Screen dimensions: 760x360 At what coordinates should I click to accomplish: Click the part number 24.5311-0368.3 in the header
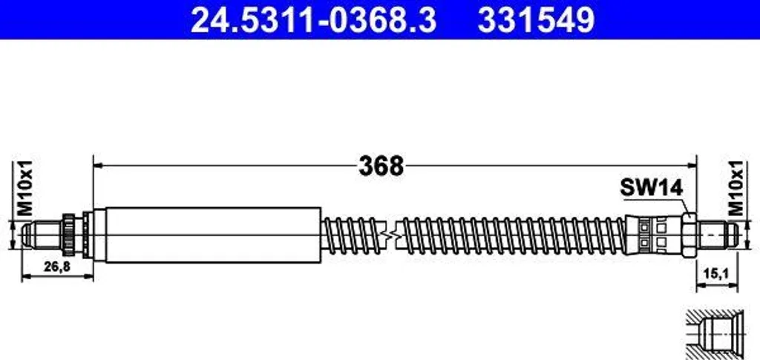[x=314, y=20]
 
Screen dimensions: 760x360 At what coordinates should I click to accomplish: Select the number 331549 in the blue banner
[x=536, y=20]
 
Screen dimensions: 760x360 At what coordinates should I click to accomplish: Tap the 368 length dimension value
[x=381, y=166]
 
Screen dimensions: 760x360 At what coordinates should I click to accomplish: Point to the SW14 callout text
[x=652, y=187]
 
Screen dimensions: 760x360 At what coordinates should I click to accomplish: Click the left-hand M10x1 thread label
[x=24, y=188]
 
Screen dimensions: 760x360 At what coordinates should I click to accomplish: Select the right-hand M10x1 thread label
[x=737, y=188]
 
